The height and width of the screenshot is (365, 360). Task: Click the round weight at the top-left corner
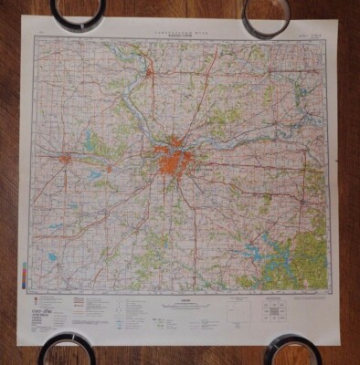[x=79, y=10]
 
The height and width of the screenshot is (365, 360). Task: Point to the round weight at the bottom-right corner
[x=291, y=350]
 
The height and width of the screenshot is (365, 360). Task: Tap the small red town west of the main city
[x=65, y=162]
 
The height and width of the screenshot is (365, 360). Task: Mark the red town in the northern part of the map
[x=150, y=67]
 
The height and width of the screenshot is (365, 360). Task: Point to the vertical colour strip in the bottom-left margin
[x=25, y=274]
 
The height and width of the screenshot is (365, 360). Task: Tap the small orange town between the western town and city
[x=109, y=168]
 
